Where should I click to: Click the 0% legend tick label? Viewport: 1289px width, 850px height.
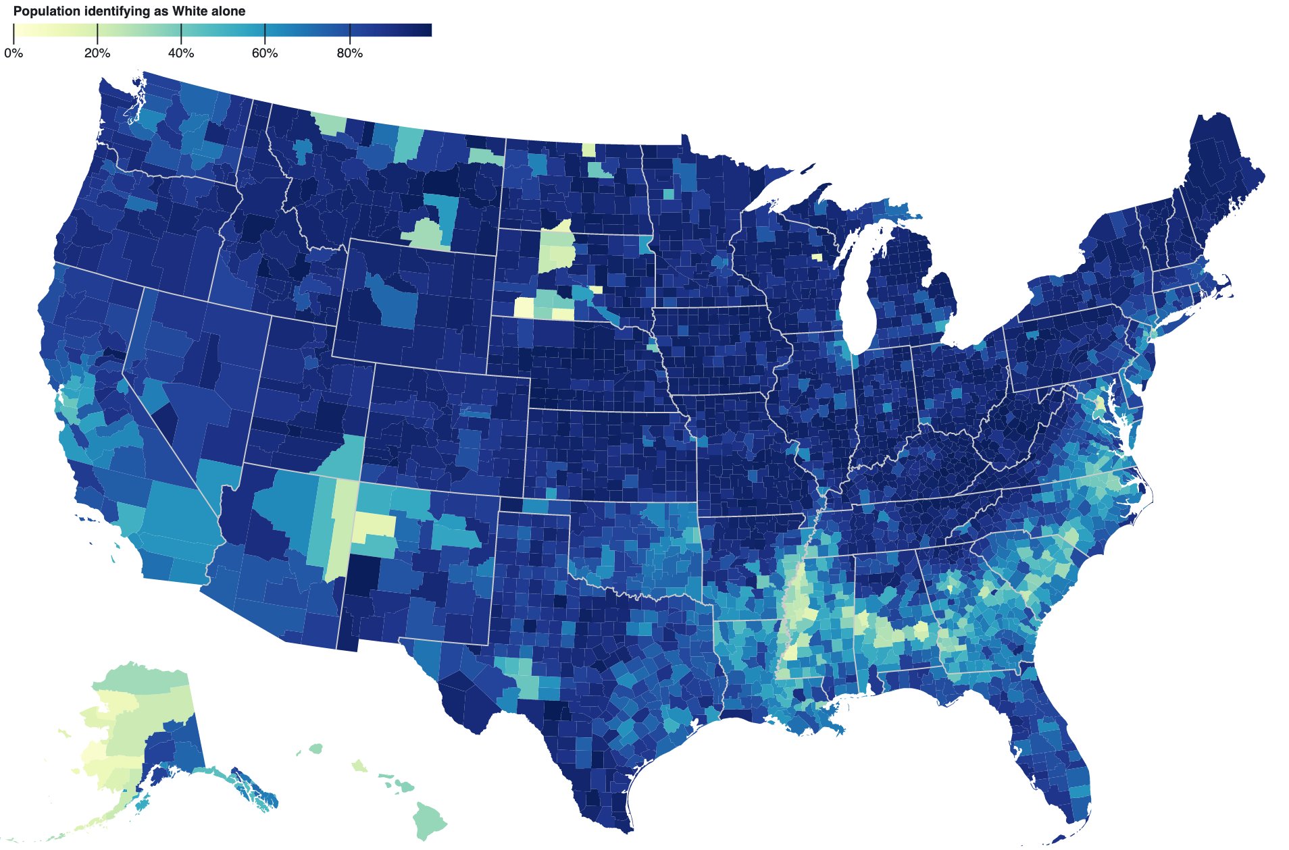click(14, 53)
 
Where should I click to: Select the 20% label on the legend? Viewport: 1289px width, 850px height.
click(97, 53)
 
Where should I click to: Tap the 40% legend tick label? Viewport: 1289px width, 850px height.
click(181, 53)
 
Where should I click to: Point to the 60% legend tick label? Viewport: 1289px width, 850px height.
click(265, 53)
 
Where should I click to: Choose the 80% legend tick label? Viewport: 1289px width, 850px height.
click(349, 53)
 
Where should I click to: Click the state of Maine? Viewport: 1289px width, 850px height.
click(1216, 169)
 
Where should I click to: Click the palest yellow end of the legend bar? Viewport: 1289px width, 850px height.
click(16, 30)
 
